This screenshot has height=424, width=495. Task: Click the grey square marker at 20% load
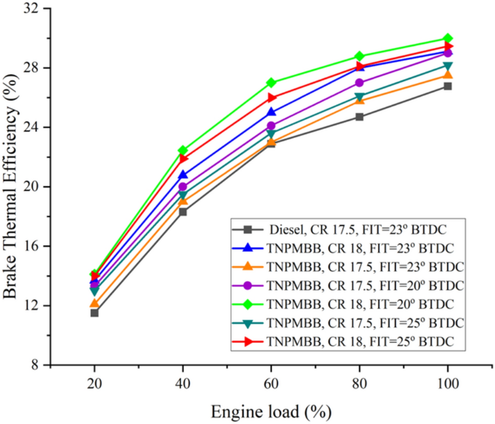94,313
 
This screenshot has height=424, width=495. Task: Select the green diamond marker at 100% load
448,38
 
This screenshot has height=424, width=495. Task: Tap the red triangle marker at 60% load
271,98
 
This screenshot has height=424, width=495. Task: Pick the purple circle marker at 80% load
360,83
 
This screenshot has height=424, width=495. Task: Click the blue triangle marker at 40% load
183,175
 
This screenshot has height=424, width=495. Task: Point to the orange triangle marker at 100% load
448,75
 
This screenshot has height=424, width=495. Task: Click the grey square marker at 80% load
360,116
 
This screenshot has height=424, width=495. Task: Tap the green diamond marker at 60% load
271,83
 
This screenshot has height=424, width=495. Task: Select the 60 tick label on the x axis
271,383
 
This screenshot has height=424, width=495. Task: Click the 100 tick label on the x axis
448,383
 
